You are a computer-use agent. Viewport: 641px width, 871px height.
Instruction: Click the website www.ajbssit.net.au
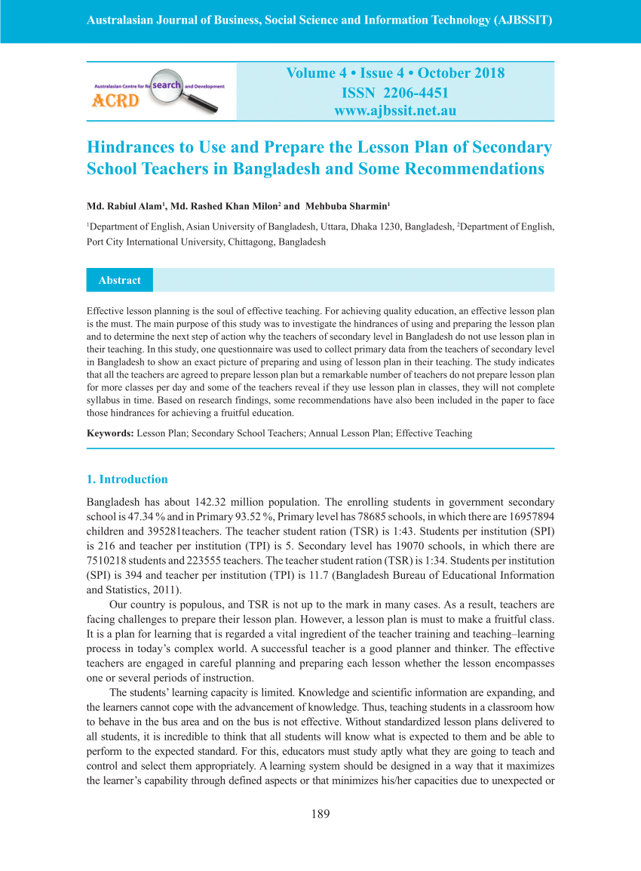[395, 111]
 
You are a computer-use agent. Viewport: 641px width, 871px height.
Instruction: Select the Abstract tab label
[119, 280]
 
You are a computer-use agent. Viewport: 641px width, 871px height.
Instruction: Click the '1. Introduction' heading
[127, 479]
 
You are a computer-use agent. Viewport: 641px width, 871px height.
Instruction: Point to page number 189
[320, 814]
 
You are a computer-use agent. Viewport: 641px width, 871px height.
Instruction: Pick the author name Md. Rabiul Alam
[124, 206]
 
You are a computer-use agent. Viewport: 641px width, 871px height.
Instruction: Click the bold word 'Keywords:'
[110, 433]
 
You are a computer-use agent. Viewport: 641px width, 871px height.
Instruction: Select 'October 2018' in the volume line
[461, 73]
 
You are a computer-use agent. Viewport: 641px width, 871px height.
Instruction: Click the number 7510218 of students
[109, 560]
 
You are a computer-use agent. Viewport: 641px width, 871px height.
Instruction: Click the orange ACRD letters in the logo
[115, 100]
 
